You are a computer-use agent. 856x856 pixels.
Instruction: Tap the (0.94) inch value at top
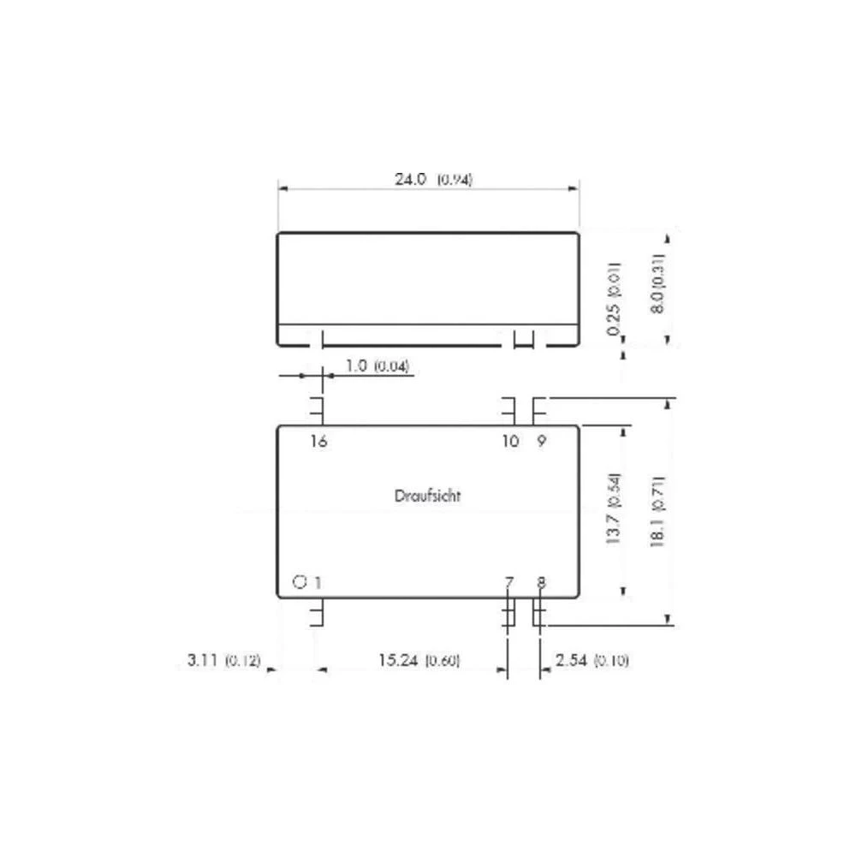(x=455, y=180)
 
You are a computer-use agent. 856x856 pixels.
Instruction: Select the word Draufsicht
(x=428, y=496)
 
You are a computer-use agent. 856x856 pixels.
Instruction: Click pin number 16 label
(x=318, y=442)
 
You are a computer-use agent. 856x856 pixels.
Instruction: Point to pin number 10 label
(x=510, y=442)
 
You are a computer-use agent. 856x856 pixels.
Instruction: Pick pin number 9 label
(x=541, y=442)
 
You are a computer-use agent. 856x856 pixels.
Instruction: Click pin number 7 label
(x=509, y=583)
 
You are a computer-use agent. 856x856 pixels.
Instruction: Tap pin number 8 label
(x=541, y=583)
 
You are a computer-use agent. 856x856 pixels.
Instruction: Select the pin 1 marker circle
(x=299, y=582)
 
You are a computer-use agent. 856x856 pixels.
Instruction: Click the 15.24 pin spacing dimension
(x=399, y=661)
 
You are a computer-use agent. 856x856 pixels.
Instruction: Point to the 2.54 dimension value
(x=571, y=661)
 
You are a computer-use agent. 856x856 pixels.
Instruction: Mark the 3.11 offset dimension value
(x=202, y=661)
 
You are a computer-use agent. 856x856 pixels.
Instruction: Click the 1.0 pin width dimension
(x=356, y=366)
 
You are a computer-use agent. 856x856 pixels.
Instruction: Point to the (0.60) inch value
(x=443, y=661)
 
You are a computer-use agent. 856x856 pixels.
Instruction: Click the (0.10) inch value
(x=611, y=661)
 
